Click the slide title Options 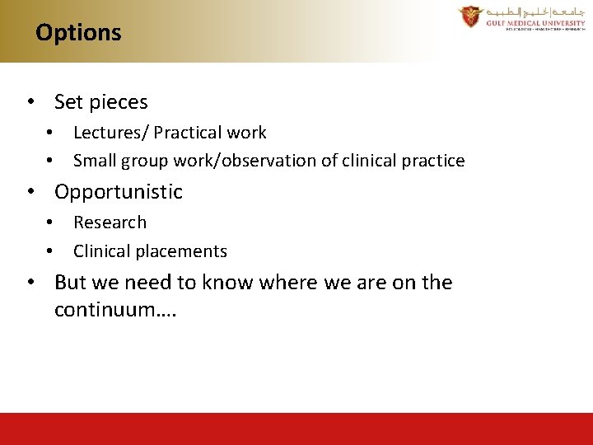click(x=78, y=33)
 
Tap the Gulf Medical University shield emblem click(x=471, y=16)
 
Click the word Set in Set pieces click(x=68, y=102)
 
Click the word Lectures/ click(x=110, y=133)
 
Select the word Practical click(x=190, y=133)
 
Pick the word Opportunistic click(x=119, y=192)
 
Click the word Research click(x=110, y=222)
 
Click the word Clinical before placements click(x=102, y=251)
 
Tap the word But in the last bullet click(x=70, y=283)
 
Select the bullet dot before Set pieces click(x=30, y=103)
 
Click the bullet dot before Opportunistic click(x=30, y=192)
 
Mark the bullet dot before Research click(x=50, y=222)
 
